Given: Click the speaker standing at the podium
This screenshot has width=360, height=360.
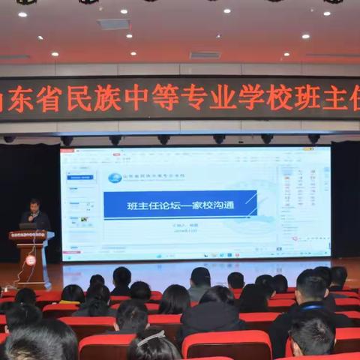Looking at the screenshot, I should coord(34,215).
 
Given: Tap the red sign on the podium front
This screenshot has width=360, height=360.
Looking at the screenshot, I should coord(28,235).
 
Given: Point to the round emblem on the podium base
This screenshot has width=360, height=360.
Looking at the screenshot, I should coord(31,259).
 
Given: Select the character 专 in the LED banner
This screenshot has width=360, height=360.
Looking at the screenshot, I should coord(194,99).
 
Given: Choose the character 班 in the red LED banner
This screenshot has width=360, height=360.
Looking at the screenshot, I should coord(307,98).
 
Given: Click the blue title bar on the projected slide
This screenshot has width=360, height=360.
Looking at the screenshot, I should coord(180,204).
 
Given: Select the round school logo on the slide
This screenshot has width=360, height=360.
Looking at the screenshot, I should coord(115,178).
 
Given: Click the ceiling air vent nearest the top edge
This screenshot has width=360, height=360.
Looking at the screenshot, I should coord(114,24).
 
